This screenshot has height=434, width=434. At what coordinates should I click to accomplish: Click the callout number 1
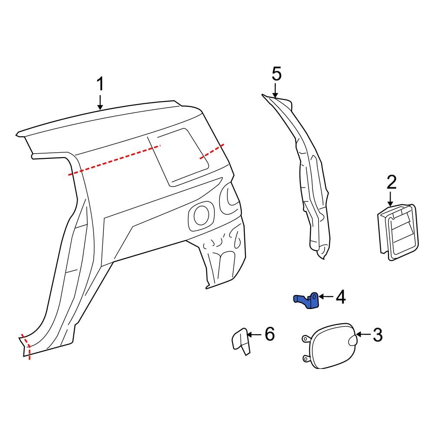coord(100,84)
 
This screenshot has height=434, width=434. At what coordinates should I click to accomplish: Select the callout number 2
coord(391,182)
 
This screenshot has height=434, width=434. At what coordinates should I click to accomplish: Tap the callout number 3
coord(377,335)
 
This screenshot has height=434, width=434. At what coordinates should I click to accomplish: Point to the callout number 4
coord(340,297)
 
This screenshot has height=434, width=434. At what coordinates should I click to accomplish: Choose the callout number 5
coord(276,74)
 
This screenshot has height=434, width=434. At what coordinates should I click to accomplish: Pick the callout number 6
coord(270,334)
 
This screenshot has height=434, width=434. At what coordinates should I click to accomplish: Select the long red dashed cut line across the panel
coord(115,160)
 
